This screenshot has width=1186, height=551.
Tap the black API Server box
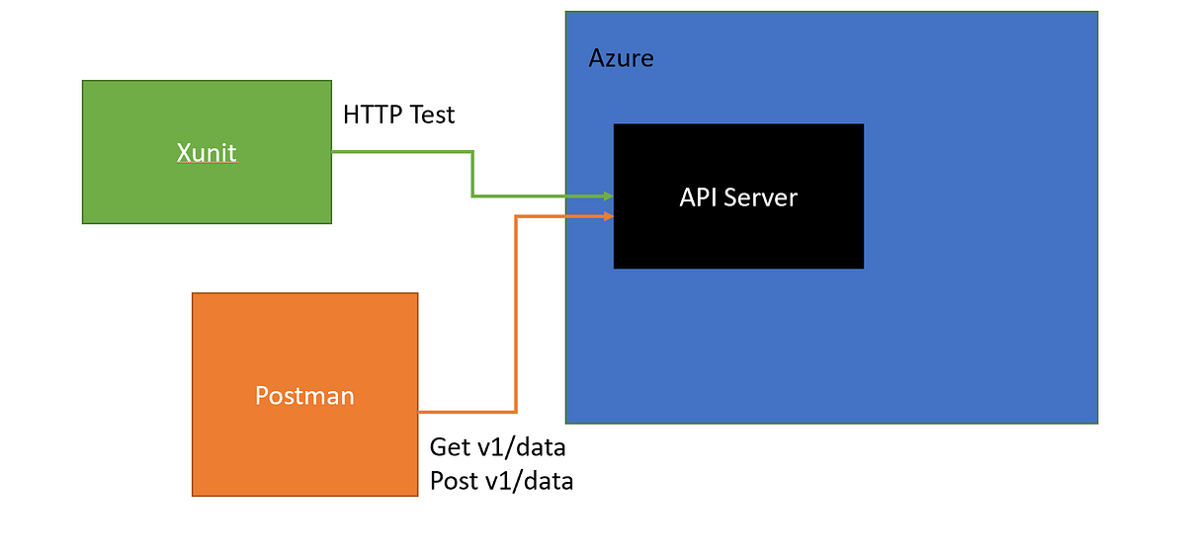(738, 237)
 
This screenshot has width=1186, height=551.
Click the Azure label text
(621, 58)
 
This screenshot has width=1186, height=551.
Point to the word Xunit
(207, 153)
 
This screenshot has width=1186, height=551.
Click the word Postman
(304, 396)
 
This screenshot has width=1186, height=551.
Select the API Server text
(738, 197)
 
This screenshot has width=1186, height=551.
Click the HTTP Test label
(398, 115)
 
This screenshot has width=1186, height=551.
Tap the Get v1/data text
(497, 446)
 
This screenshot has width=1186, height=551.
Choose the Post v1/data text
(501, 481)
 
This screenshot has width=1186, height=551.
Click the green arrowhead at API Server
(608, 196)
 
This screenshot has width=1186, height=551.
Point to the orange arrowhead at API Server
(608, 215)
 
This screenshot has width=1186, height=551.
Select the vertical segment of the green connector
(472, 174)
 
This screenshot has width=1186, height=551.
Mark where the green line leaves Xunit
(334, 152)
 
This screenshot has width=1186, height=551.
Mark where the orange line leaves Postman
(421, 411)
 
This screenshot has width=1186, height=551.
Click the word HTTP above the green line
(373, 115)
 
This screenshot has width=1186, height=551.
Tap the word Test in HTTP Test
(431, 115)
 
